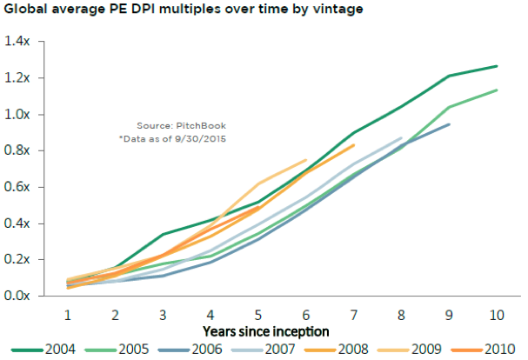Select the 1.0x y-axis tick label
17,114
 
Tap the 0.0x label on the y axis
17,296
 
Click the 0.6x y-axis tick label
17,187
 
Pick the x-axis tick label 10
497,315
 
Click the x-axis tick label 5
258,315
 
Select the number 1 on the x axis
67,315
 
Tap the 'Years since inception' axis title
265,331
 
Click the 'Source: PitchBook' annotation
181,125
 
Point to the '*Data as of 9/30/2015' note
172,139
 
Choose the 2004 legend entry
43,350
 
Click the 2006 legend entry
190,350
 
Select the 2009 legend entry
409,350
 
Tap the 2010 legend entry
483,350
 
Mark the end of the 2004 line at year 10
497,66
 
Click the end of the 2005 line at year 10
497,90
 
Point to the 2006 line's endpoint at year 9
449,124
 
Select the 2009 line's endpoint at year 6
306,160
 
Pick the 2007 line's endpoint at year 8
401,137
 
